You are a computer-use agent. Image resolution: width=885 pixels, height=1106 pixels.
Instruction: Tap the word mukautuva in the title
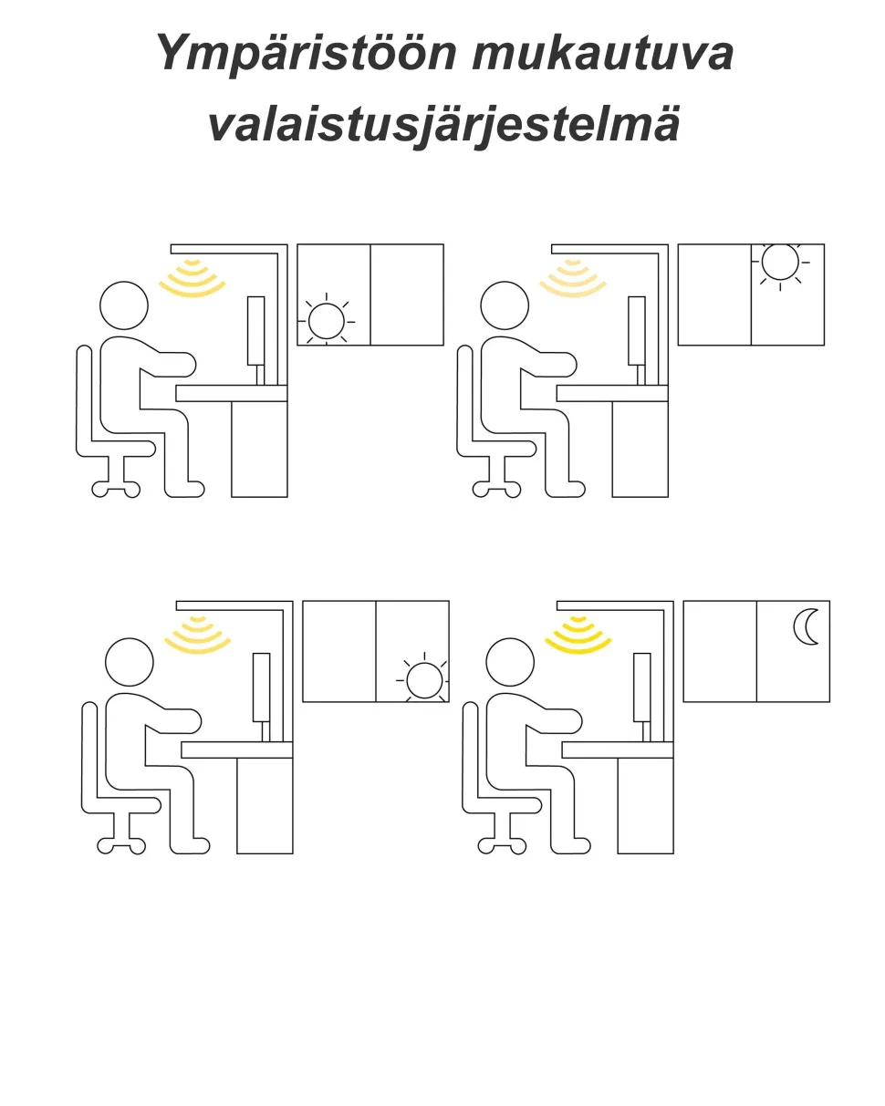coord(602,53)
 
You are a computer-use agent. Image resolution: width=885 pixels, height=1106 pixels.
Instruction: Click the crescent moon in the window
coord(807,627)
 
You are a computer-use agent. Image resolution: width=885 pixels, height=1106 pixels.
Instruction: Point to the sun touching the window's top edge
coord(780,263)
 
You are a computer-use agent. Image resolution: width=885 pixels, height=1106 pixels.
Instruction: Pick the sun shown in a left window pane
coord(327,321)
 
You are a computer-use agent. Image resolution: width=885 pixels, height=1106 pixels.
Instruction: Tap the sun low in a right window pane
coord(424,680)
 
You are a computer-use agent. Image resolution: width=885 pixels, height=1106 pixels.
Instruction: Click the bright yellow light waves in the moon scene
coord(578,635)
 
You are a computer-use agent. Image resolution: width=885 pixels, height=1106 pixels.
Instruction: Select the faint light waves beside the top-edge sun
coord(573,278)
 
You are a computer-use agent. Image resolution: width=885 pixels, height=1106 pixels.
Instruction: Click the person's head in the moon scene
coord(510,662)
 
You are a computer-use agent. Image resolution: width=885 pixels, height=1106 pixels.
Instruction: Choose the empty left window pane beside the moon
coord(720,651)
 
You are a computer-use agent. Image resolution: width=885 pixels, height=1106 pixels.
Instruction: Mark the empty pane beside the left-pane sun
coord(407,295)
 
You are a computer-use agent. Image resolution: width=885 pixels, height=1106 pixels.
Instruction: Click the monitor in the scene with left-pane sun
coord(256,330)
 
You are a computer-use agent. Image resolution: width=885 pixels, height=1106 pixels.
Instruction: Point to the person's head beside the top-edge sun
coord(505,305)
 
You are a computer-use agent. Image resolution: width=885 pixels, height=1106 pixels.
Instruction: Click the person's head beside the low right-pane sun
coord(130,662)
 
